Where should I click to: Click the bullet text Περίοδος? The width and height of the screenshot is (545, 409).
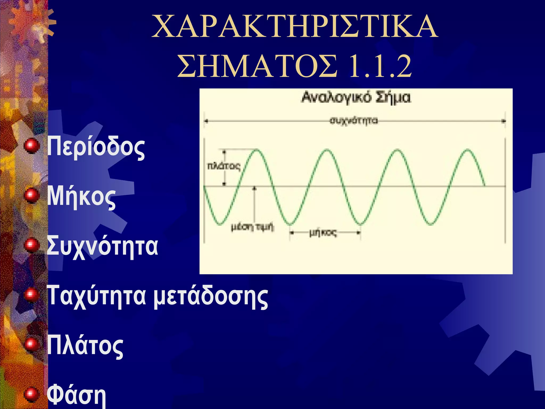click(x=96, y=148)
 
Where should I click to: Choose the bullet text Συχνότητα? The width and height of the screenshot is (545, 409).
click(x=102, y=247)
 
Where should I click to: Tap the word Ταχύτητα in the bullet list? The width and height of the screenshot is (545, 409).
click(x=96, y=296)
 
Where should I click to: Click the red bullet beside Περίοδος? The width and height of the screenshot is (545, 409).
click(x=32, y=145)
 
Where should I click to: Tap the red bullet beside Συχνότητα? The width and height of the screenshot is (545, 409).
click(x=32, y=245)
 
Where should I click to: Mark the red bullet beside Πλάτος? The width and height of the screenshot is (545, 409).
click(x=32, y=343)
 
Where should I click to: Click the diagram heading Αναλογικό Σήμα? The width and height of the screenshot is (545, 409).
click(x=356, y=97)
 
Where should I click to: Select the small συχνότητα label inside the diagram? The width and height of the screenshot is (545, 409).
click(x=354, y=121)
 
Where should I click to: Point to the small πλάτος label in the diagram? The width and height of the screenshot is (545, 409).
click(x=224, y=166)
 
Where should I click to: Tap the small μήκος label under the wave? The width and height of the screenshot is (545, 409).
click(x=323, y=233)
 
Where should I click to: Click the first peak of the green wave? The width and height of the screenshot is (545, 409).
click(x=257, y=150)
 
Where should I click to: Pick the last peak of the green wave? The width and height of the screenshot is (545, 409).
click(x=468, y=150)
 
